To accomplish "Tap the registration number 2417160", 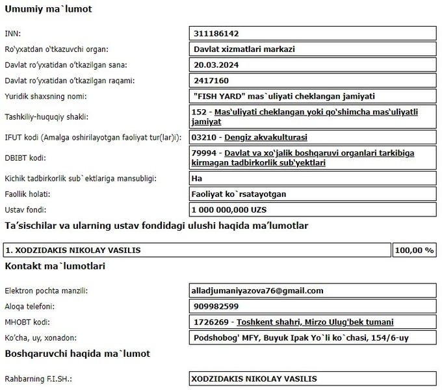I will (x=211, y=81).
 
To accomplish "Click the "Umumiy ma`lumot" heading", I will (x=48, y=10).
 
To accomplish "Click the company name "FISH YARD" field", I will (x=284, y=96).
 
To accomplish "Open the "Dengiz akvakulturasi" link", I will (x=266, y=138).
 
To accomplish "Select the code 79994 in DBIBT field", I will (x=205, y=153).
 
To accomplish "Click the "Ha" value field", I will (x=198, y=177).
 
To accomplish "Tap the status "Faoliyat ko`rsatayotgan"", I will (x=240, y=194).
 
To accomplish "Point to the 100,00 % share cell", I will (x=415, y=250).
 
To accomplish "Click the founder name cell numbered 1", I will (x=195, y=250).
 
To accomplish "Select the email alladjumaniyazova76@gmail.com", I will (x=258, y=291).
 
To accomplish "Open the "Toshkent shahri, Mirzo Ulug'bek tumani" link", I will (x=315, y=322).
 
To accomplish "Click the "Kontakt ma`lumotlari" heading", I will (x=55, y=266).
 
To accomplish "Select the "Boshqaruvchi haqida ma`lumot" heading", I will (x=77, y=354).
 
